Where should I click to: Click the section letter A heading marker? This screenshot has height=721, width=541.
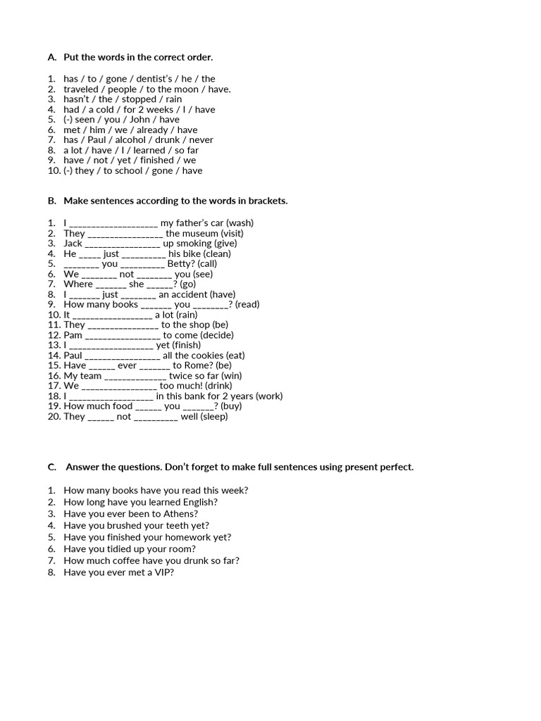[51, 57]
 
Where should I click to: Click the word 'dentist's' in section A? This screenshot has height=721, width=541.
[151, 79]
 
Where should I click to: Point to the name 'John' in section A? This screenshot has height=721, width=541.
[144, 120]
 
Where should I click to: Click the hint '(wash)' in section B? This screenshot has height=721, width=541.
[240, 223]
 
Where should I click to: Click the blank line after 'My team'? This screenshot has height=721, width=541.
[135, 377]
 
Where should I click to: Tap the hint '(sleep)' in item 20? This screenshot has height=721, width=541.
[214, 417]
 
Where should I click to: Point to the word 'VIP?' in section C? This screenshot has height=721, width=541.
[163, 572]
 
